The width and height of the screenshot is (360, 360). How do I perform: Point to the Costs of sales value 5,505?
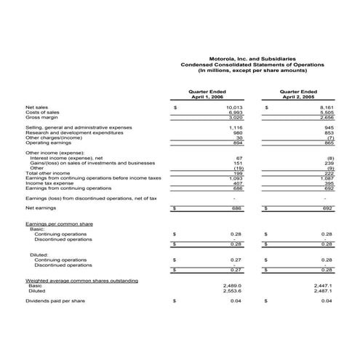click(325, 113)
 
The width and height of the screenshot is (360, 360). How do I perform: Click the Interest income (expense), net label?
click(68, 158)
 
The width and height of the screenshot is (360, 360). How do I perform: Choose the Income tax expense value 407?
click(237, 183)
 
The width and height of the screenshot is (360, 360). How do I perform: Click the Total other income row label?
click(47, 173)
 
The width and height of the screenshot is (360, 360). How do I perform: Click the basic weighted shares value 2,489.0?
click(232, 286)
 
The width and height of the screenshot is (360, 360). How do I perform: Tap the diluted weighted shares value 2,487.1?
click(323, 291)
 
